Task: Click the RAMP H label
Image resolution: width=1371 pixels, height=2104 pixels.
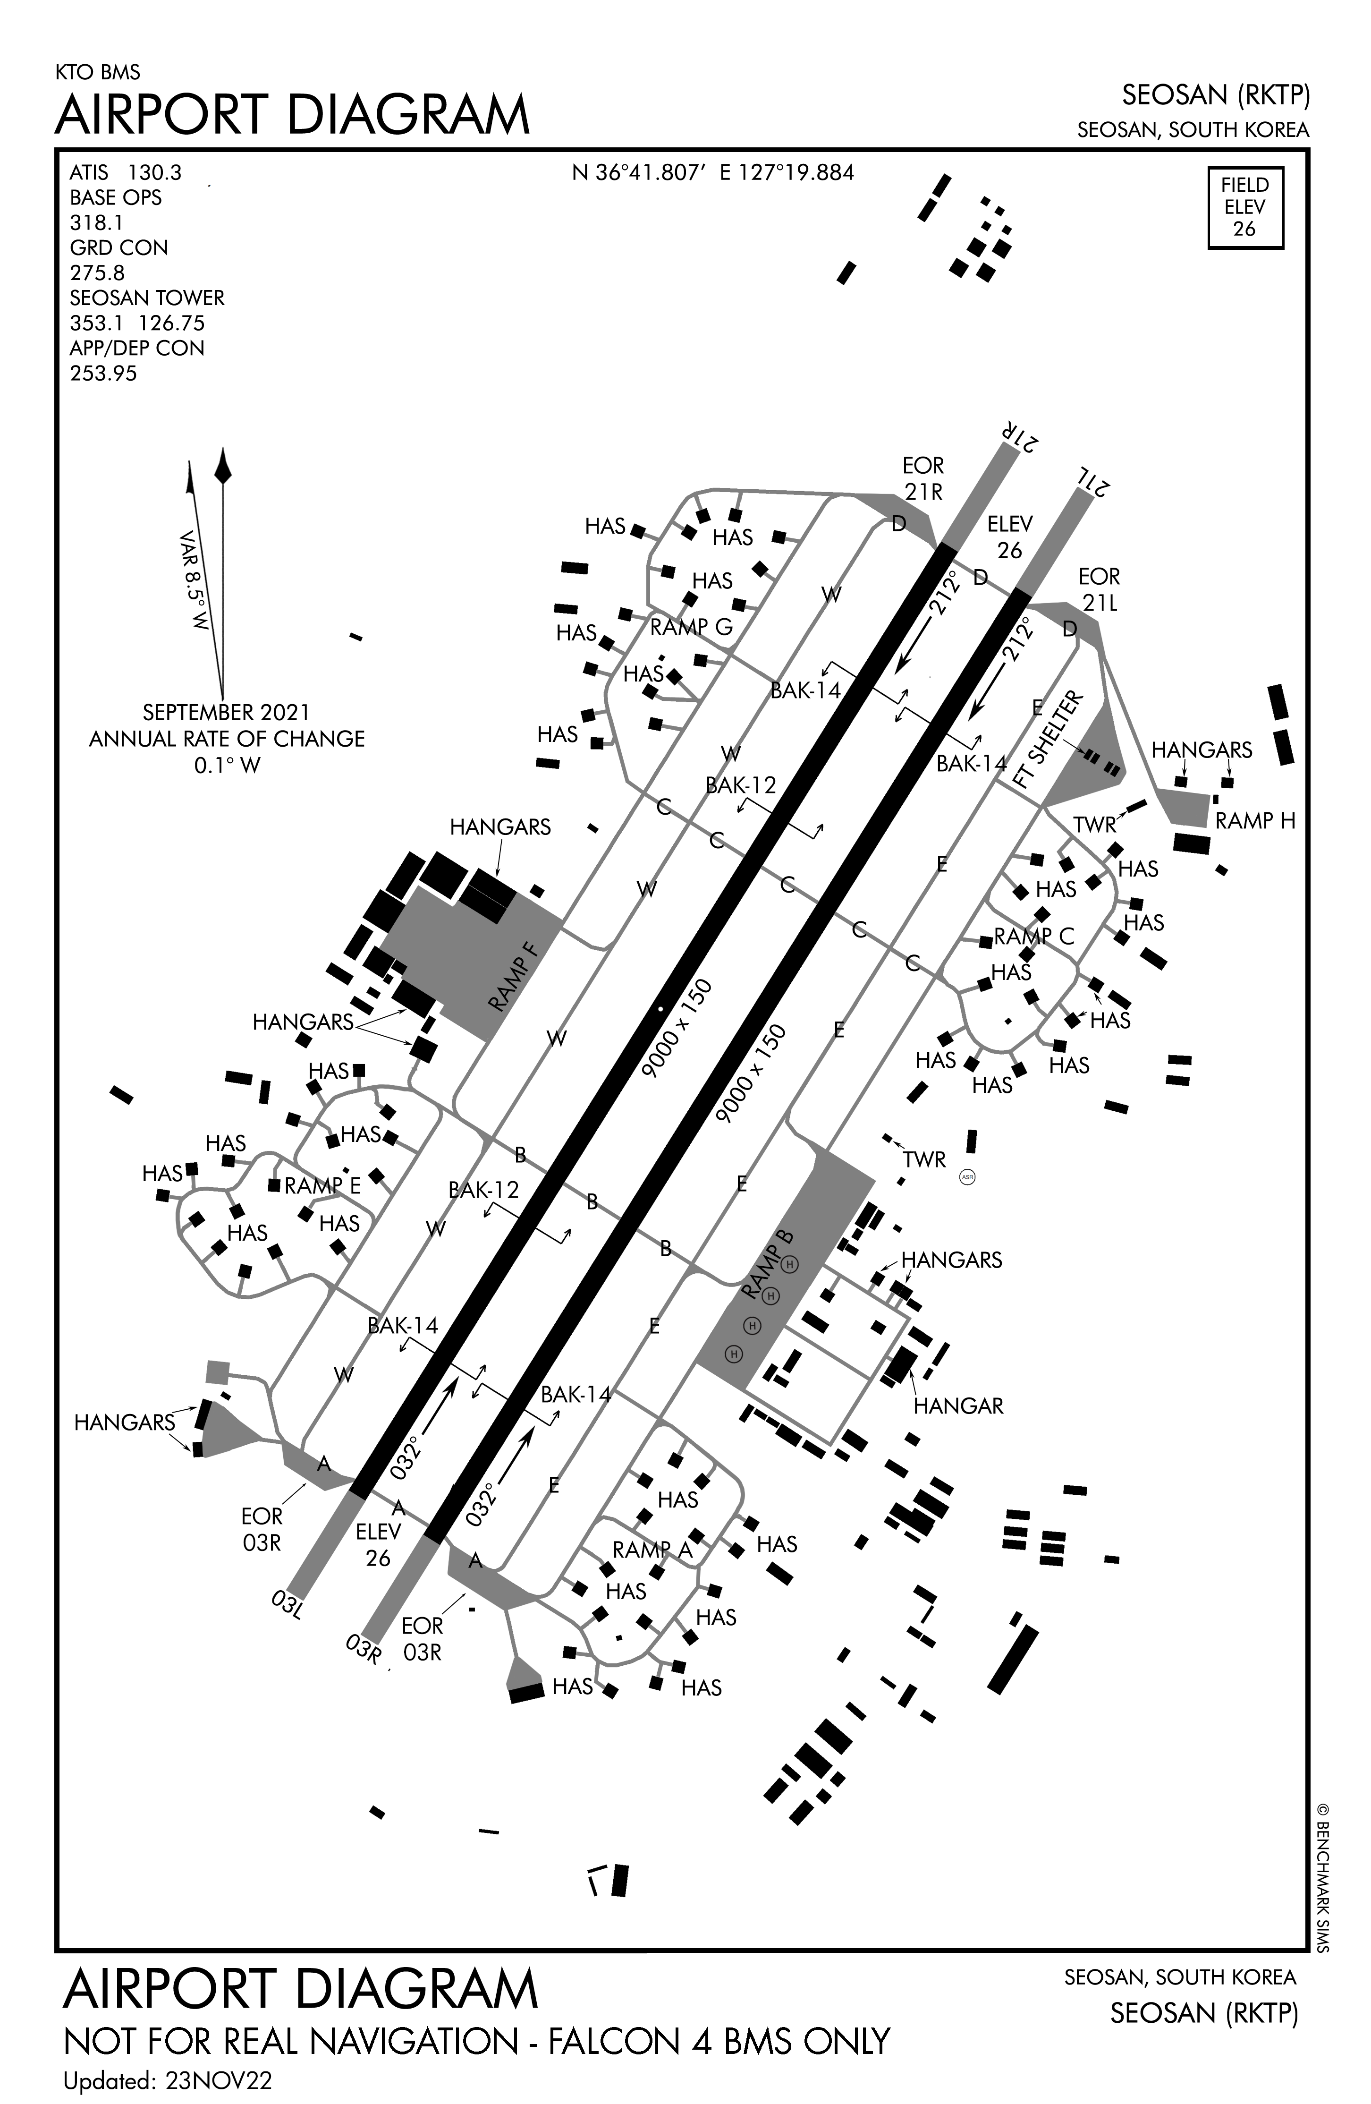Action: (1254, 820)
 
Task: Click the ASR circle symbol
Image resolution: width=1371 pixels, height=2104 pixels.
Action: (967, 1177)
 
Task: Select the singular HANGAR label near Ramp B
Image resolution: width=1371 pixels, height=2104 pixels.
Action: (958, 1406)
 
